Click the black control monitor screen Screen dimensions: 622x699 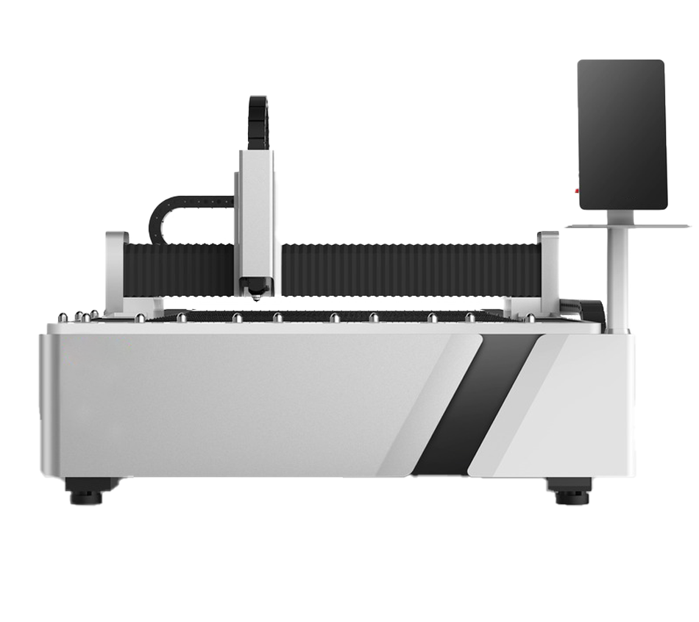[622, 134]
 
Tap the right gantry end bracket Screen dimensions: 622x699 [549, 269]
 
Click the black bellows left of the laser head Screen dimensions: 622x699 [180, 268]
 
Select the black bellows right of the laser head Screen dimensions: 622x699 [408, 268]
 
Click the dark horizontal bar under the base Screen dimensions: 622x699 [441, 487]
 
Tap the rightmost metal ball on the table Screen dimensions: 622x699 [531, 319]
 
